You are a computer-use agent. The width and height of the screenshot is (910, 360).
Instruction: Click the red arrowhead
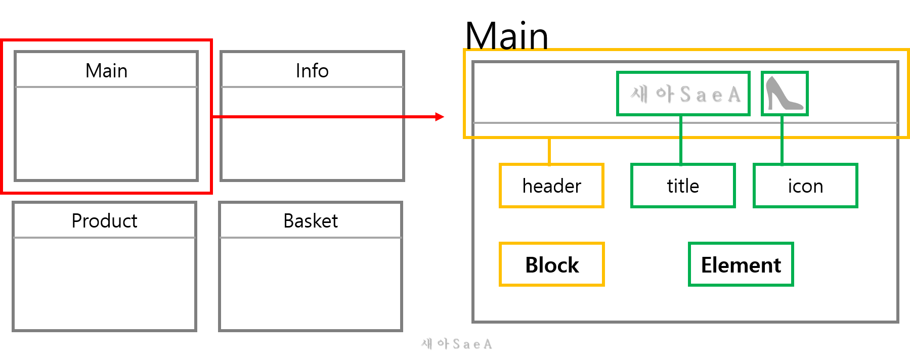(x=440, y=117)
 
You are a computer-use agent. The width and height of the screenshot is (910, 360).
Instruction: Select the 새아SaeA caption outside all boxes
(x=456, y=344)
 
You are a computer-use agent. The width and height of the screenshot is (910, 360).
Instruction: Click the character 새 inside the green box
(x=639, y=94)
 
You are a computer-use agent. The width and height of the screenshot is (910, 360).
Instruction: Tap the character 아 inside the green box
(x=664, y=94)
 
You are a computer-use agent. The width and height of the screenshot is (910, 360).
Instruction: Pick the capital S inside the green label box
(x=684, y=94)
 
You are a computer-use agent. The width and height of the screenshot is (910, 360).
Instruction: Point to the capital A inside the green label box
(x=733, y=94)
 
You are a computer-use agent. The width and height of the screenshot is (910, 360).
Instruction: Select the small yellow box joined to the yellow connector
(x=551, y=186)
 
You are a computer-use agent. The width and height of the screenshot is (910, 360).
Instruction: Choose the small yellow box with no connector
(x=551, y=264)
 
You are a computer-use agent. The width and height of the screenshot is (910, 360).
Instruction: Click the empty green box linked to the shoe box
(x=805, y=186)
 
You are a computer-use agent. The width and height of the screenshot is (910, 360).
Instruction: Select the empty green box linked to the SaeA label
(x=683, y=186)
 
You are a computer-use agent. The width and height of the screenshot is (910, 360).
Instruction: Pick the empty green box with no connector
(x=741, y=264)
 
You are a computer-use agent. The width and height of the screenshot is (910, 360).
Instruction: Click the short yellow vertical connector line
(x=549, y=151)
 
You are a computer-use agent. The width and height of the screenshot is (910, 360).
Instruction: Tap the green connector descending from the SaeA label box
(x=681, y=140)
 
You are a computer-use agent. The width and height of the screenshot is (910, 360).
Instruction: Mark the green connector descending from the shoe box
(x=782, y=140)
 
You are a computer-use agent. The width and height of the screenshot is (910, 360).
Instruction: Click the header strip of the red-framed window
(x=106, y=69)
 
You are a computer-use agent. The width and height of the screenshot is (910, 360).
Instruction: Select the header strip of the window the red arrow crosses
(x=312, y=69)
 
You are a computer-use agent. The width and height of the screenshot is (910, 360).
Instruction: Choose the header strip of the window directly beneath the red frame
(x=104, y=219)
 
